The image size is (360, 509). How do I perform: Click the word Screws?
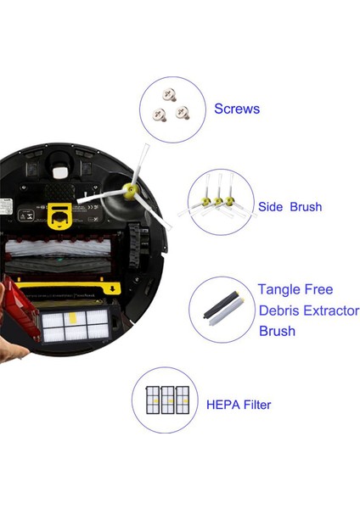237,109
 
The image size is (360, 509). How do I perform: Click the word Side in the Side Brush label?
272,207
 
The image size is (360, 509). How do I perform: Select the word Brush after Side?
305,207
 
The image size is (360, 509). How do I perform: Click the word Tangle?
284,289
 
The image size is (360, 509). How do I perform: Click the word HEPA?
225,405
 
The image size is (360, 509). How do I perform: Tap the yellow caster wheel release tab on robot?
59,216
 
